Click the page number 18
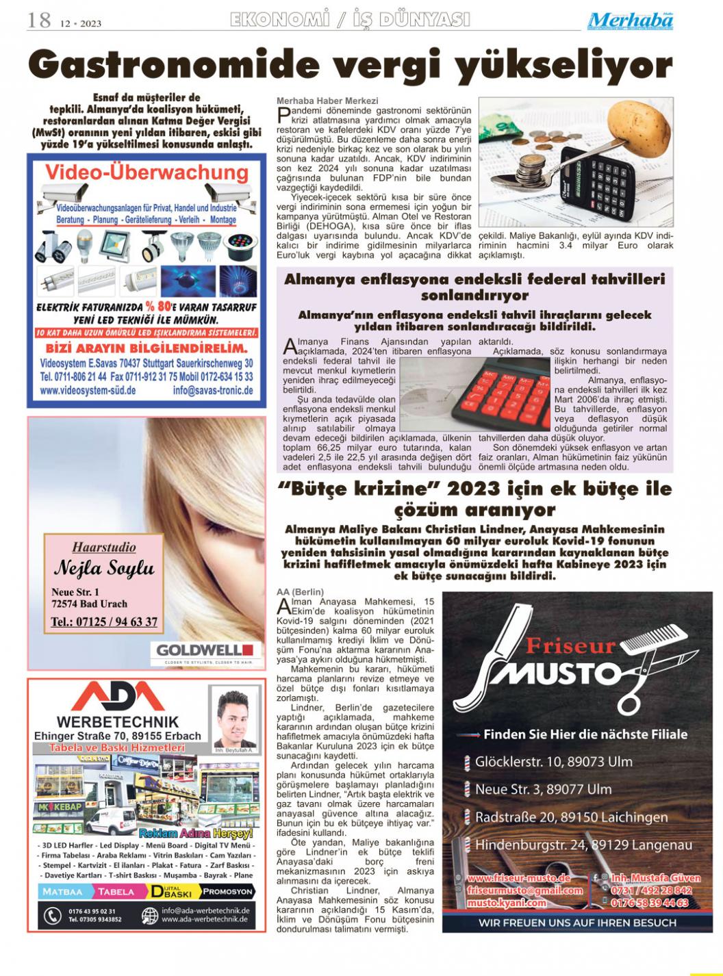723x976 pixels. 39,21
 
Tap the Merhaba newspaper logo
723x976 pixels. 630,21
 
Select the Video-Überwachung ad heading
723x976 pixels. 147,172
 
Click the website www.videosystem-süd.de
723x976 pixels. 88,391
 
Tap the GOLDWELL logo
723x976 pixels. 205,650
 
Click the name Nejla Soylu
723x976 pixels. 104,569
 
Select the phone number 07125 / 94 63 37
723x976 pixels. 104,622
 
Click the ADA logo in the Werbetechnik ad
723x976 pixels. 117,697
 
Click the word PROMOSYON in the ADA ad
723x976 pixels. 227,891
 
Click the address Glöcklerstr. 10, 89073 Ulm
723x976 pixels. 554,761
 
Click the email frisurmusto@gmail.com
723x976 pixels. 524,890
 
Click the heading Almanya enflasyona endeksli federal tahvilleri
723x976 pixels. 474,279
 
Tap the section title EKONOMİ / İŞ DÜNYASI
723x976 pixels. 351,20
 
